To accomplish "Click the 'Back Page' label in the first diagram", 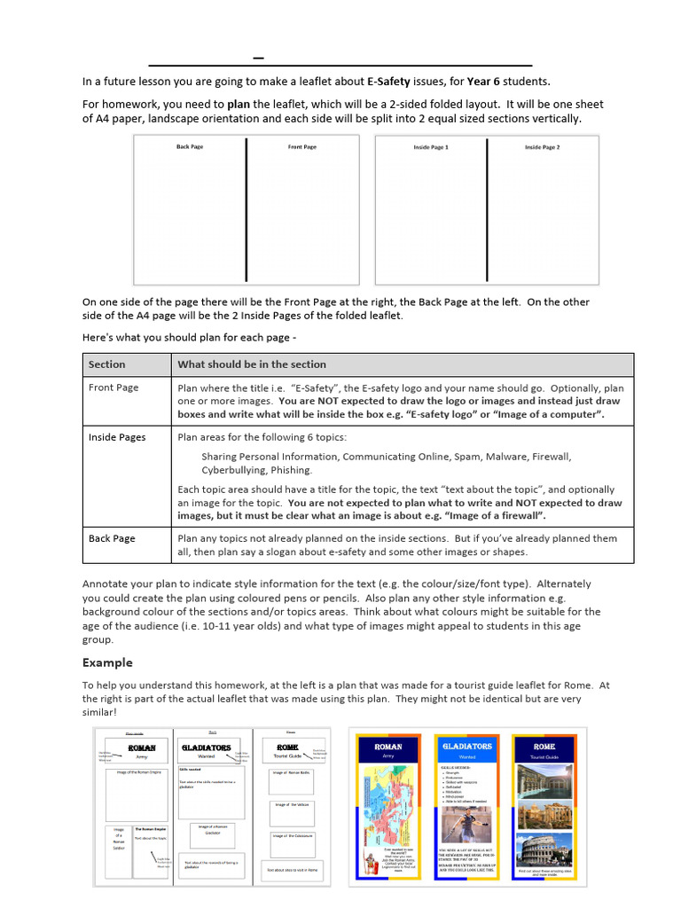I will pyautogui.click(x=190, y=146).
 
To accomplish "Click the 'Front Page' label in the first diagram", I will pyautogui.click(x=302, y=146).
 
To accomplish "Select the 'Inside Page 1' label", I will pyautogui.click(x=431, y=147).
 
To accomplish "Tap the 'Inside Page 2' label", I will pyautogui.click(x=542, y=147).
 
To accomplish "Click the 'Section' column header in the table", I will pyautogui.click(x=107, y=364).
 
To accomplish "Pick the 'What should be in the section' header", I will pyautogui.click(x=252, y=364).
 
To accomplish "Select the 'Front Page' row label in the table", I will pyautogui.click(x=113, y=387).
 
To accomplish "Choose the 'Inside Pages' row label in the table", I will pyautogui.click(x=117, y=437).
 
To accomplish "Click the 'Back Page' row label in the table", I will pyautogui.click(x=112, y=538).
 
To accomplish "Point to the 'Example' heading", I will pyautogui.click(x=107, y=662).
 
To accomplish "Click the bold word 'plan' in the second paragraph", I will pyautogui.click(x=239, y=105).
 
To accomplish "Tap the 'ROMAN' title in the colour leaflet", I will pyautogui.click(x=387, y=747).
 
